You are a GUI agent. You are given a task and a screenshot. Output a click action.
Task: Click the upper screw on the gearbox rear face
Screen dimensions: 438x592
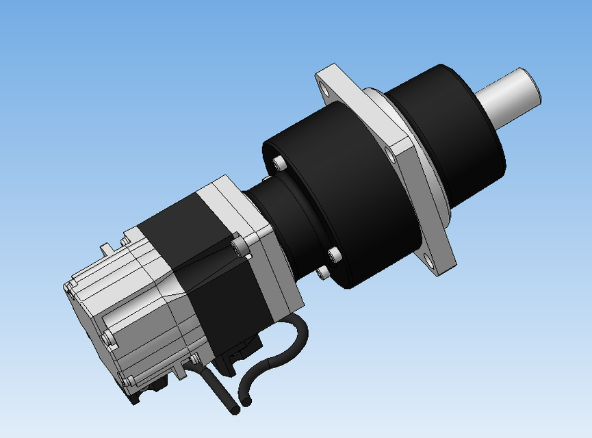(278, 163)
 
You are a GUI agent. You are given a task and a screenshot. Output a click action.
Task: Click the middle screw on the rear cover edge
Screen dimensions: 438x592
(106, 338)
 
